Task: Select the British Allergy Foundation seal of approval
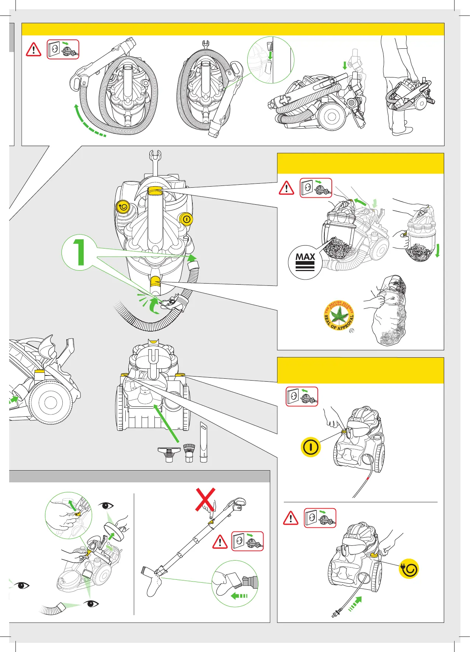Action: [339, 315]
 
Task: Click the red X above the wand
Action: [205, 500]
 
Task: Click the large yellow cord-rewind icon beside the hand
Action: [409, 569]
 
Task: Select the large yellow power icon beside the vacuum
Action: [311, 447]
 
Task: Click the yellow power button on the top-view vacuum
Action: [187, 219]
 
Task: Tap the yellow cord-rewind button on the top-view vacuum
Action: [123, 207]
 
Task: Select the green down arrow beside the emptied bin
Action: [438, 250]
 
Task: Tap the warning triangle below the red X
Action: [220, 542]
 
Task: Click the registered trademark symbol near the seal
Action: [352, 331]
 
